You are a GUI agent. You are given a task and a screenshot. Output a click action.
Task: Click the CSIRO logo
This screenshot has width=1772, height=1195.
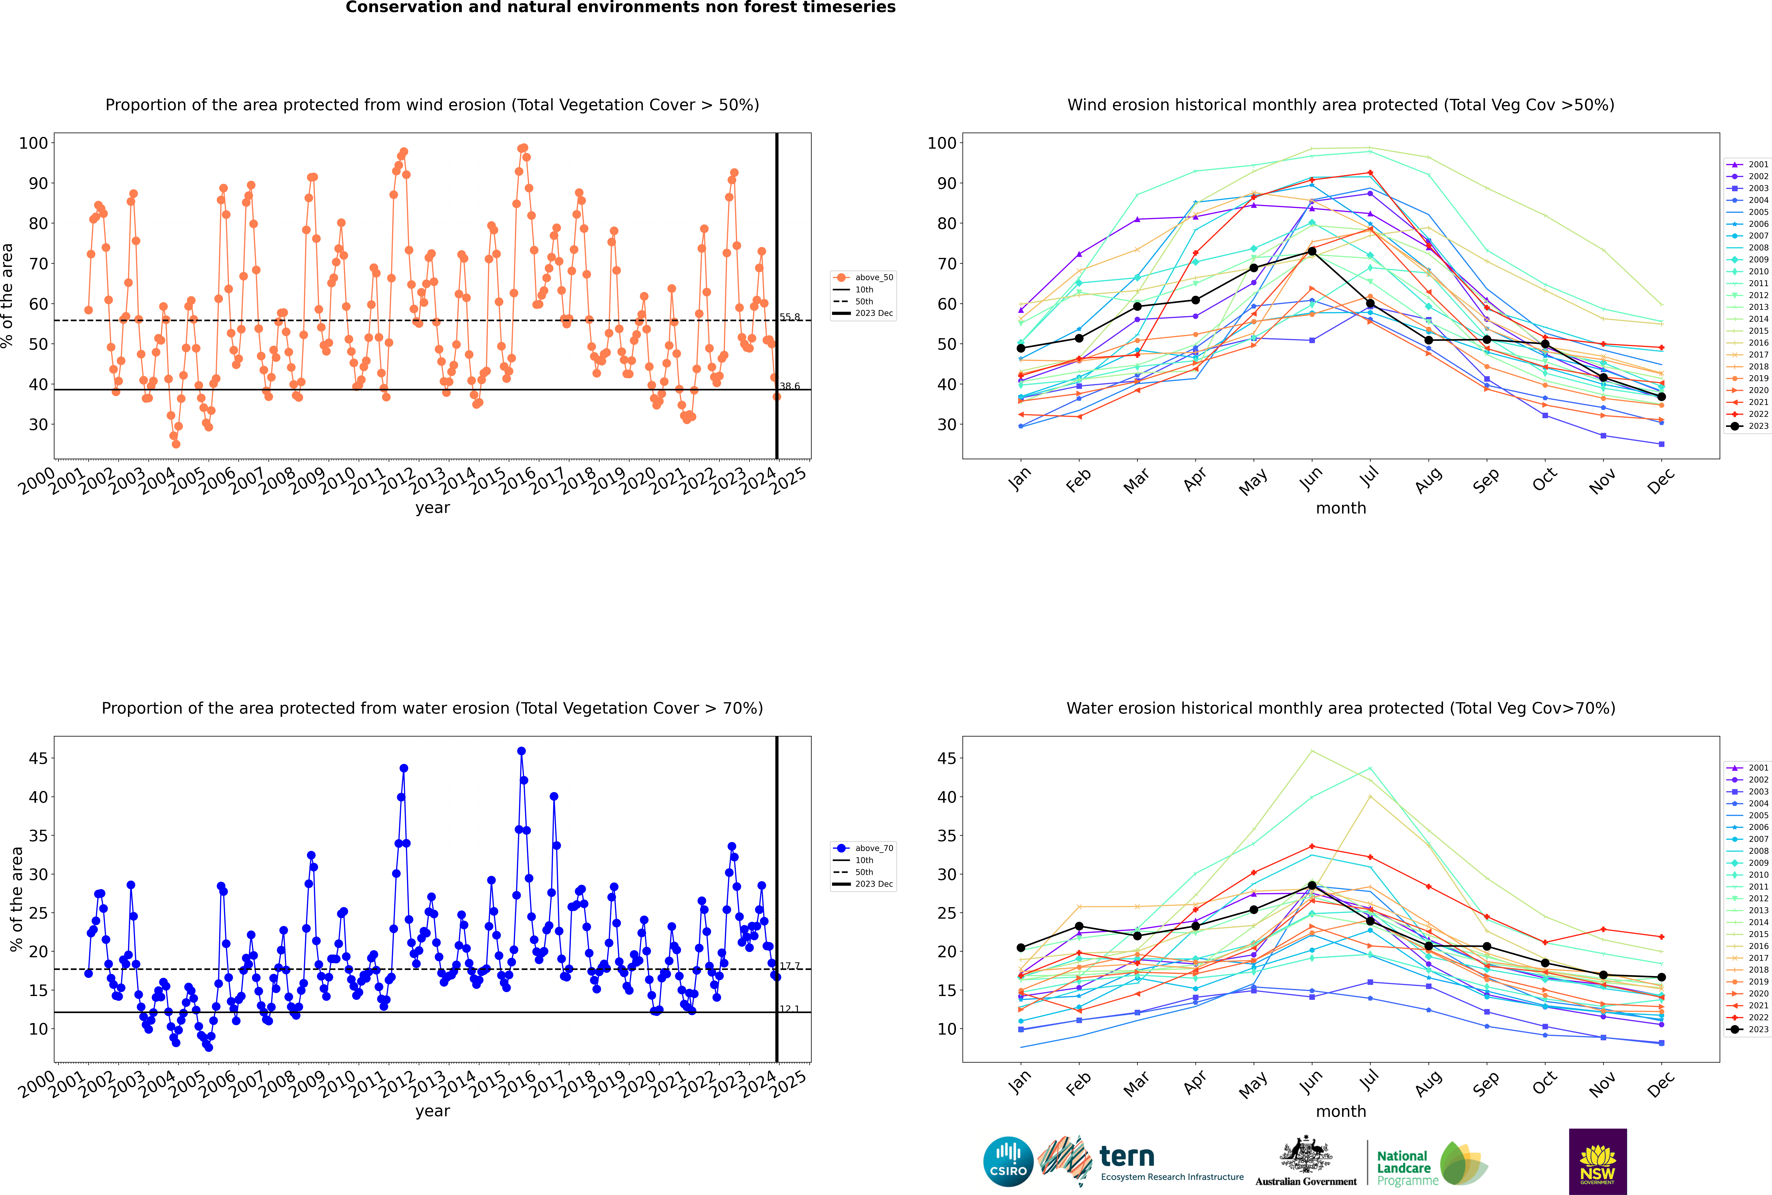coord(1008,1162)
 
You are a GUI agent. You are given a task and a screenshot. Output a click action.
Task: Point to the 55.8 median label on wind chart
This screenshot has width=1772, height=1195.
coord(789,317)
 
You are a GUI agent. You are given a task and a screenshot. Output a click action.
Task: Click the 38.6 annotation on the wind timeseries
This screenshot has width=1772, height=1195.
coord(789,386)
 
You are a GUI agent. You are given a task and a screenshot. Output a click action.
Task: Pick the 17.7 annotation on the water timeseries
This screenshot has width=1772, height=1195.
coord(789,966)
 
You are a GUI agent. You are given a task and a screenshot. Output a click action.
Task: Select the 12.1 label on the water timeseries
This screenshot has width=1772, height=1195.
coord(789,1009)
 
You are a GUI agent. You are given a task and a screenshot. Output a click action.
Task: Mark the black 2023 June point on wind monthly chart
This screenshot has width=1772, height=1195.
coord(1312,252)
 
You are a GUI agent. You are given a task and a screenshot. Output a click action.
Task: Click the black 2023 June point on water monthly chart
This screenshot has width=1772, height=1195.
coord(1312,886)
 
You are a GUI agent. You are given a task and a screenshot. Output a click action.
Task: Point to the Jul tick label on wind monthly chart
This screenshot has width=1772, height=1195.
coord(1370,477)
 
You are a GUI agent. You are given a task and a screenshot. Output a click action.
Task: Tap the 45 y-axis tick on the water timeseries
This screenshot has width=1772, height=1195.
coord(38,758)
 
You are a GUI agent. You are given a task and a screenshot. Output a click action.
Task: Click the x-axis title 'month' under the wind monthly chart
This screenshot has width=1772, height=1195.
coord(1341,508)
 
